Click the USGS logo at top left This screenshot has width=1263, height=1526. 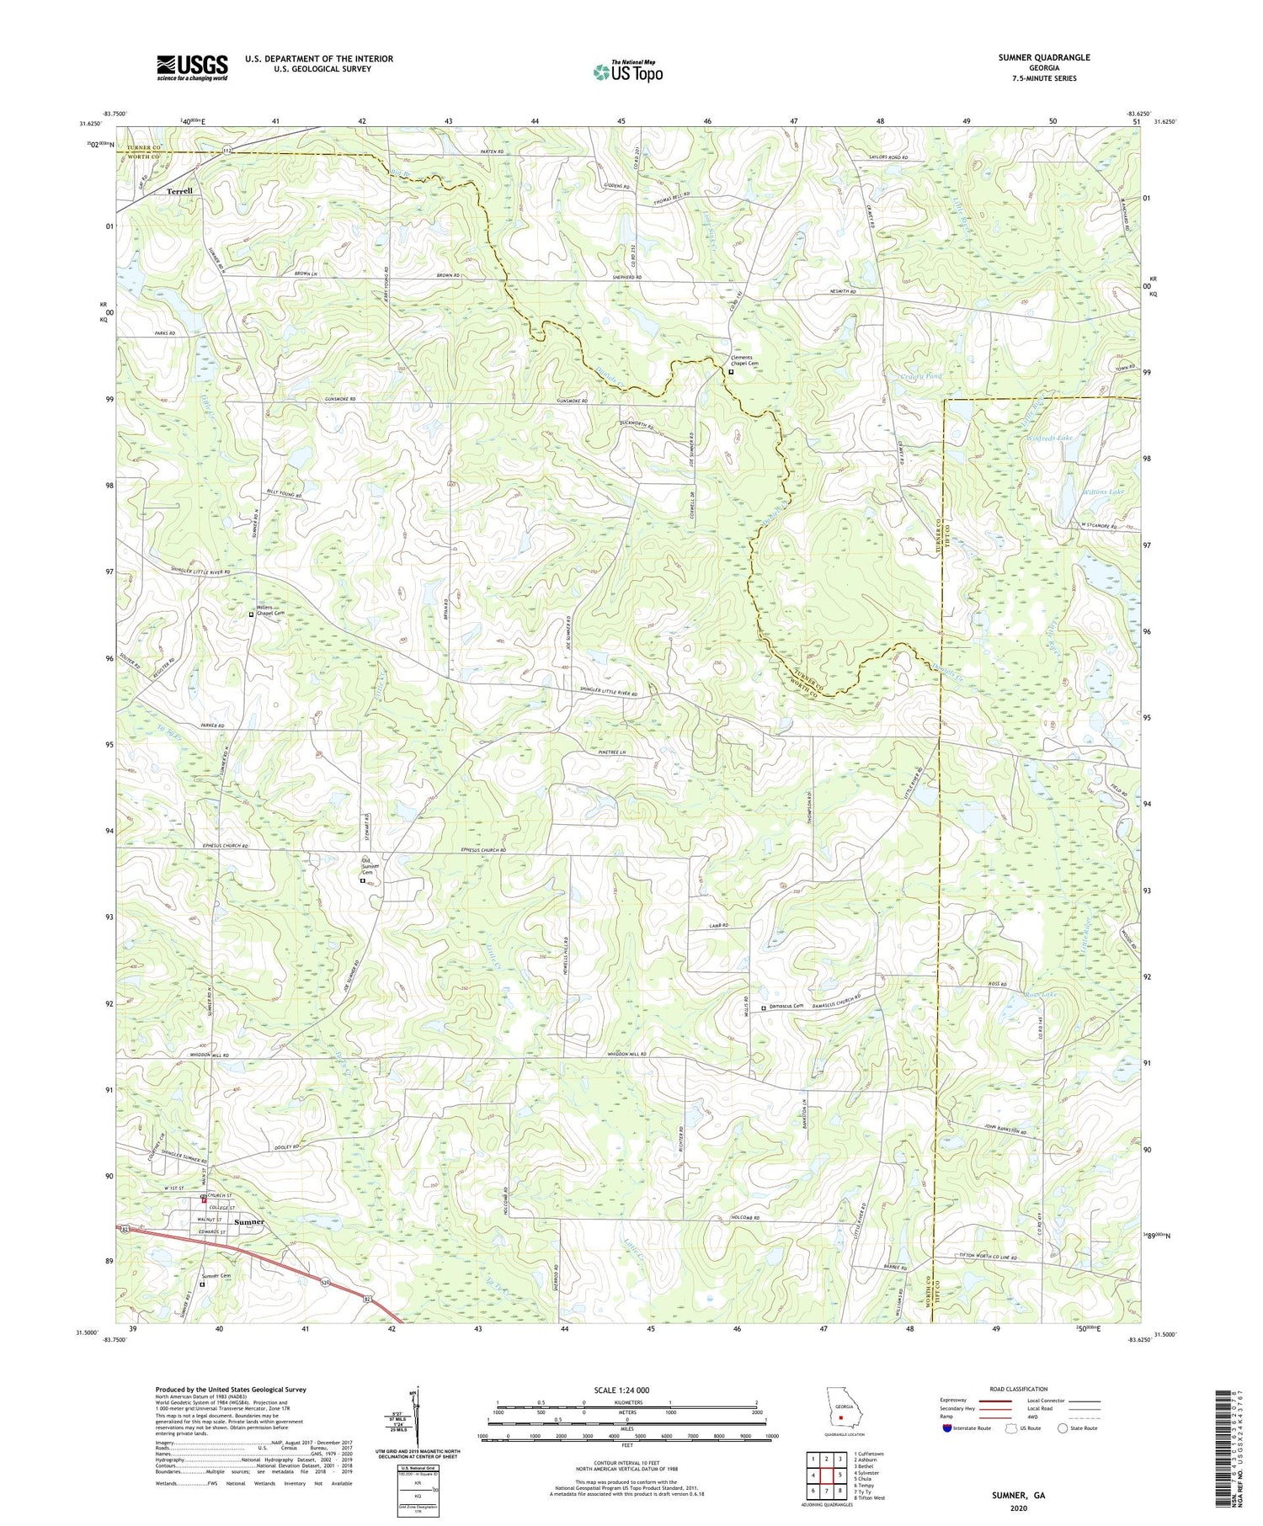192,67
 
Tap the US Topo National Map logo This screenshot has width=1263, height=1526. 627,72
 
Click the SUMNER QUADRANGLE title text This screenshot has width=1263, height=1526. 1043,57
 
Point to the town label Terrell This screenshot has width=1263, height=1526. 179,191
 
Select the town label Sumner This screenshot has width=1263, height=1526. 249,1221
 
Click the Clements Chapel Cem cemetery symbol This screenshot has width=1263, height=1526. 731,372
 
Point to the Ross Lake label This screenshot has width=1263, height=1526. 1041,995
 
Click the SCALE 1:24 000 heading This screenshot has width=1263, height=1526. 626,1390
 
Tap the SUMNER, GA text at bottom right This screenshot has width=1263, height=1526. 1015,1495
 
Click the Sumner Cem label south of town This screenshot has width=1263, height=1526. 216,1276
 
